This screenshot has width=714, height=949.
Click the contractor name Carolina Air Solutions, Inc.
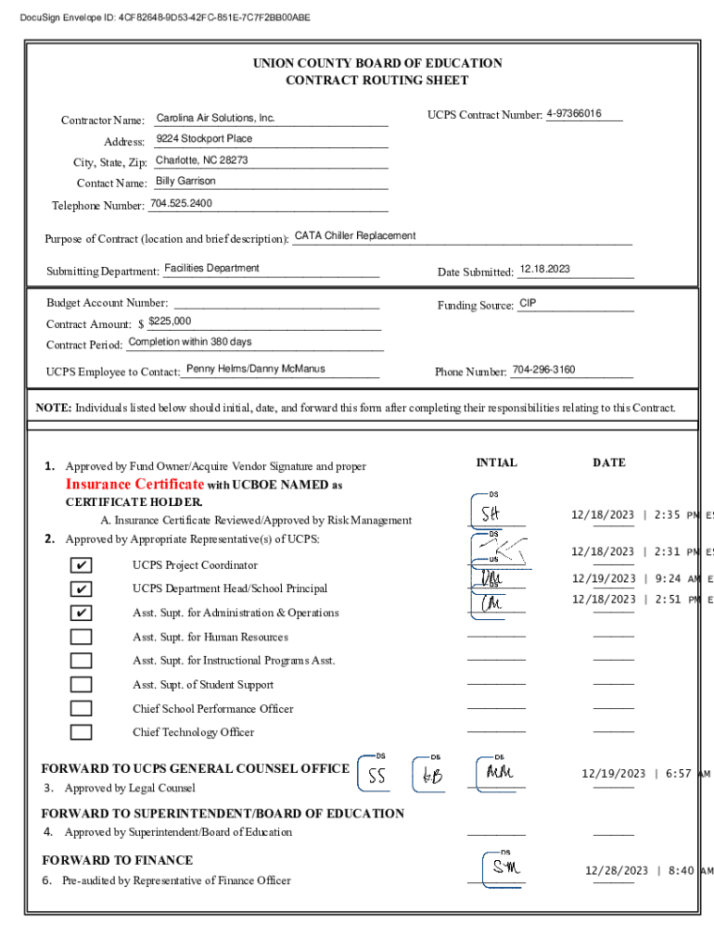click(x=215, y=119)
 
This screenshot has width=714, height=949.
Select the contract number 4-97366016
click(x=574, y=114)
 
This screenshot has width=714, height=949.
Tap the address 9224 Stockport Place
click(x=204, y=139)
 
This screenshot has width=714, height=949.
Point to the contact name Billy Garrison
click(x=185, y=182)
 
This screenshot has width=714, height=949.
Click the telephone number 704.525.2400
click(x=181, y=203)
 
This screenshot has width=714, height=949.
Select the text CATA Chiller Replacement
click(x=355, y=235)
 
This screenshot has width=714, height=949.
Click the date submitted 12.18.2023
click(x=545, y=270)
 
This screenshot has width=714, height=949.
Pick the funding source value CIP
click(x=528, y=303)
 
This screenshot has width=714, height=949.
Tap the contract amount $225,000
click(x=170, y=322)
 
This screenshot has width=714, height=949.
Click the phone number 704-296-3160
click(x=543, y=370)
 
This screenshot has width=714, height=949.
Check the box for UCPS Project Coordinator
click(x=82, y=565)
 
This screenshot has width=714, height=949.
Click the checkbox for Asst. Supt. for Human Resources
click(x=82, y=637)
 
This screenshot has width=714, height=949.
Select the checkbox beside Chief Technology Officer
click(x=82, y=732)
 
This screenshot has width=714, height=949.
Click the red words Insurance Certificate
click(x=134, y=485)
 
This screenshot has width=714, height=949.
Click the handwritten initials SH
click(x=491, y=513)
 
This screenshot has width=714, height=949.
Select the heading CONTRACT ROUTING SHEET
click(x=377, y=81)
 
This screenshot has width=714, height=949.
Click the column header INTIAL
click(x=496, y=462)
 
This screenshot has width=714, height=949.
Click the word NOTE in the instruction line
click(x=53, y=408)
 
